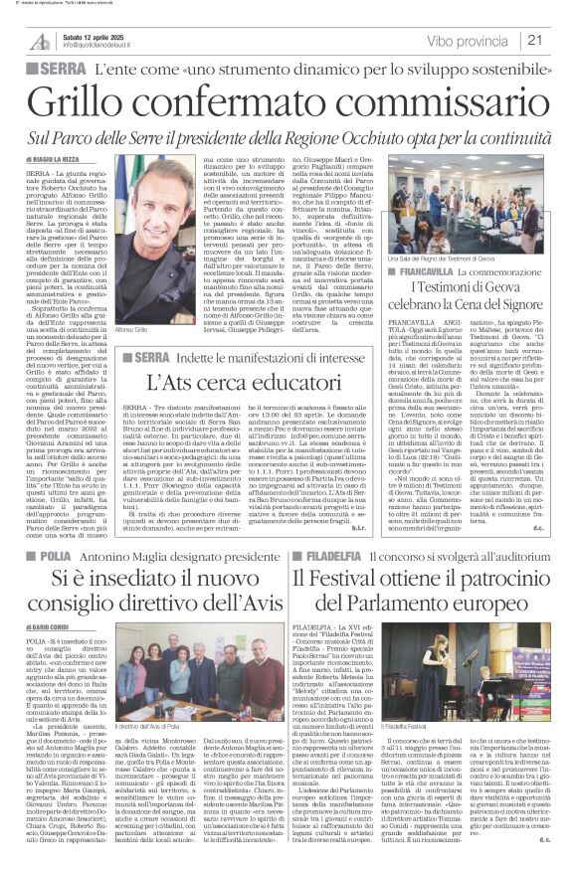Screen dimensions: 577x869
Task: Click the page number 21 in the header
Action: (x=535, y=40)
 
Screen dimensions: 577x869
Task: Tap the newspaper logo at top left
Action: (x=40, y=41)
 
